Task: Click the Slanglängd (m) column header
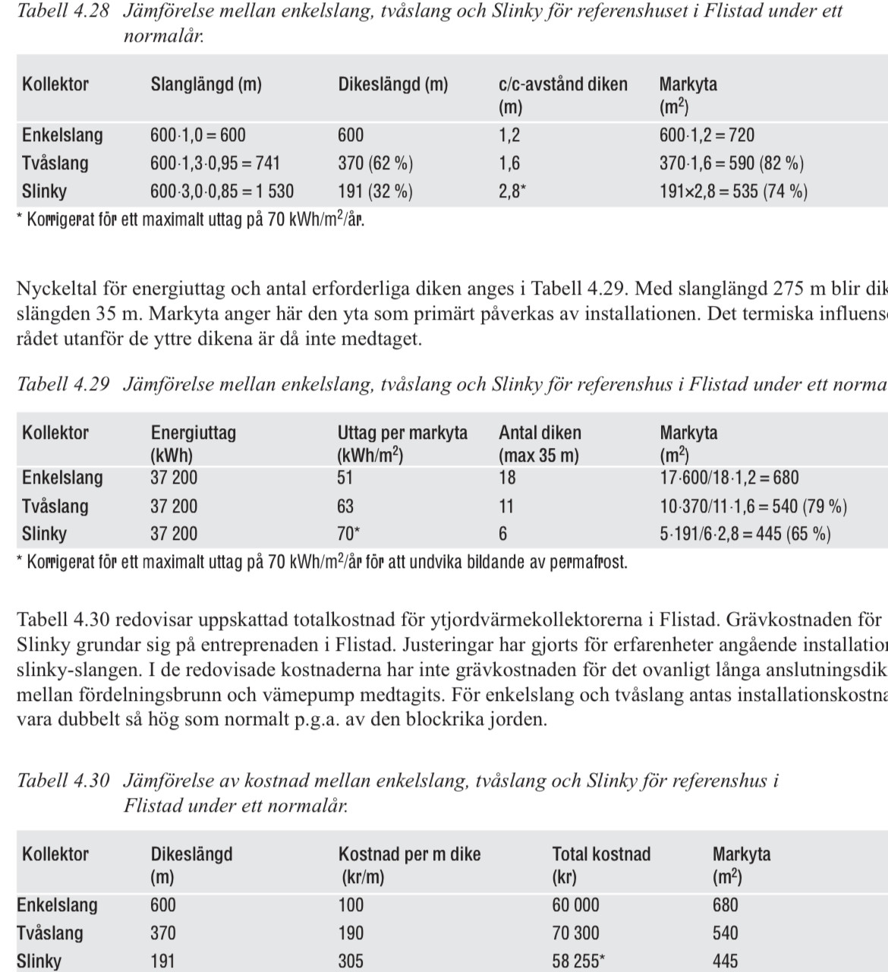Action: pyautogui.click(x=206, y=84)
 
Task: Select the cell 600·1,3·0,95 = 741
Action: pyautogui.click(x=215, y=163)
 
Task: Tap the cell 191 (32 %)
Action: pyautogui.click(x=375, y=191)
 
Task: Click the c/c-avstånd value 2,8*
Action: pyautogui.click(x=512, y=191)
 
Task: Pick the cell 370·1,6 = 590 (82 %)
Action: pyautogui.click(x=731, y=163)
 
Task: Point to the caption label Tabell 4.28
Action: pyautogui.click(x=63, y=11)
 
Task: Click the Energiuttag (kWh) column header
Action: pyautogui.click(x=193, y=443)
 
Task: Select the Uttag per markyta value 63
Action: pyautogui.click(x=345, y=507)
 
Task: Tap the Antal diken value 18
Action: pyautogui.click(x=507, y=478)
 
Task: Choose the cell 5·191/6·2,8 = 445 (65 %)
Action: pyautogui.click(x=745, y=534)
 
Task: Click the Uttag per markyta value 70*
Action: pyautogui.click(x=348, y=534)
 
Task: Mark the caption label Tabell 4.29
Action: pyautogui.click(x=63, y=384)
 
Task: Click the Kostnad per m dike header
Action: pyautogui.click(x=409, y=854)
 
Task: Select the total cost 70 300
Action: pyautogui.click(x=575, y=933)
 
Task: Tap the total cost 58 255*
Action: pyautogui.click(x=578, y=961)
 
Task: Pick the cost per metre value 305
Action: pyautogui.click(x=351, y=961)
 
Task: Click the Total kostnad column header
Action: pyautogui.click(x=601, y=854)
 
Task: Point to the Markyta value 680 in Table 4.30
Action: pyautogui.click(x=725, y=905)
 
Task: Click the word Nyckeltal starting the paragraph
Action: pyautogui.click(x=53, y=289)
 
